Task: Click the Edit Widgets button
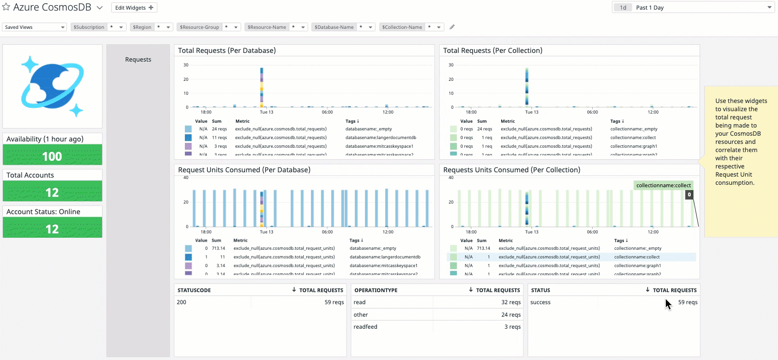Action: tap(134, 8)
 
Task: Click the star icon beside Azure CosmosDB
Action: tap(6, 7)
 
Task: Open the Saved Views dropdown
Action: tap(34, 27)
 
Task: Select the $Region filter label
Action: tap(142, 27)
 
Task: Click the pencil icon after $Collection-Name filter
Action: tap(452, 27)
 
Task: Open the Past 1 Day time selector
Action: tap(693, 7)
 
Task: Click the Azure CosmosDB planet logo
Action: tap(52, 86)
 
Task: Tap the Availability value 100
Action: tap(52, 156)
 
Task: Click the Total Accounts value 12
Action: tap(52, 193)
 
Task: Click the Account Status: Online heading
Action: tap(43, 212)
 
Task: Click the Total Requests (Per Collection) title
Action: tap(493, 51)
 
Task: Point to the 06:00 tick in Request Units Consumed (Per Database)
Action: tap(327, 231)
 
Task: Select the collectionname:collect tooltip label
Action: tap(663, 185)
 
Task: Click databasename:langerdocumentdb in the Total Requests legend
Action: tap(380, 138)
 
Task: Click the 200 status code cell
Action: tap(182, 302)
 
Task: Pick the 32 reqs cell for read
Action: tap(511, 302)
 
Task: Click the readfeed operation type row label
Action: tap(365, 327)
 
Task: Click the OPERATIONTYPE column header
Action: tap(376, 290)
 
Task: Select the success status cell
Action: tap(540, 302)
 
